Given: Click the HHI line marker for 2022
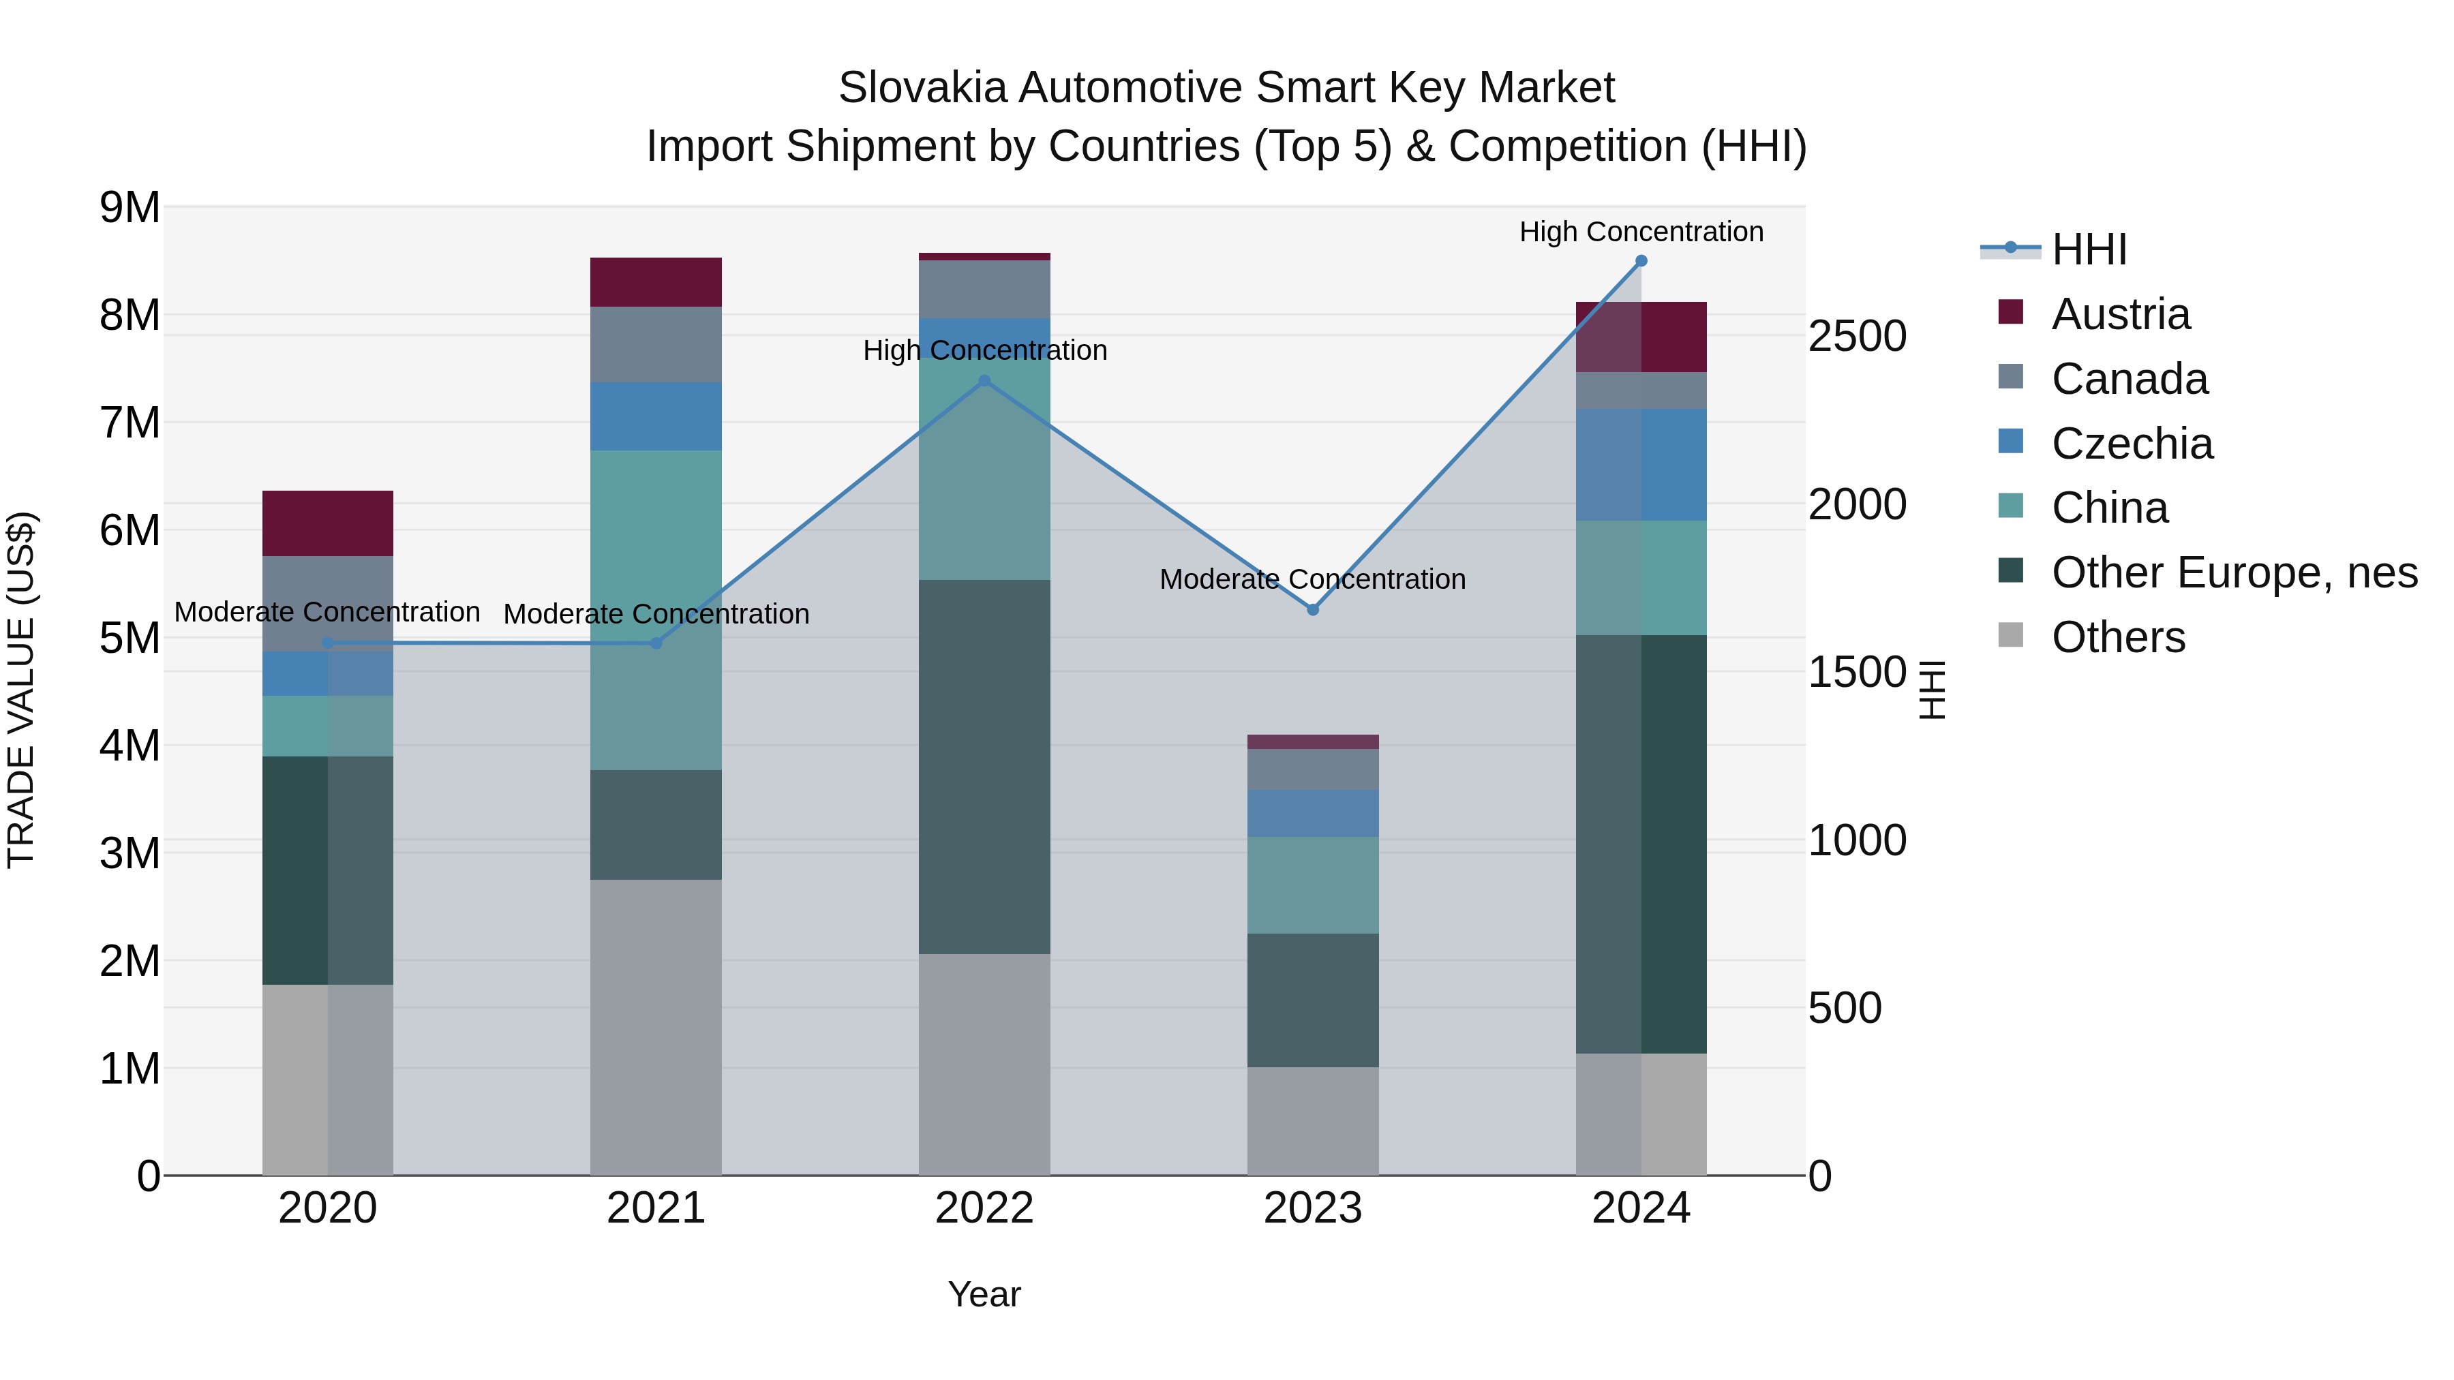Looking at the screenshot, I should pos(985,381).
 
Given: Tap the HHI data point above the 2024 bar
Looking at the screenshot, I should pos(1641,261).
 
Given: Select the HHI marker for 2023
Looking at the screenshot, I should pos(1313,609).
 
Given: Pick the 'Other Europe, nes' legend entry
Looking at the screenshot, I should pos(2233,572).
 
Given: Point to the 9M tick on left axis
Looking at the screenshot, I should pos(130,208).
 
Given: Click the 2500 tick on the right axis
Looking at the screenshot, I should pos(1857,336).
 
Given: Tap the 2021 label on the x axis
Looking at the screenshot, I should pos(655,1208).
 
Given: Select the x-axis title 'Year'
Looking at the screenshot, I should pos(984,1294).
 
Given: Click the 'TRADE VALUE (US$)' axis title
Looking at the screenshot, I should pos(22,690).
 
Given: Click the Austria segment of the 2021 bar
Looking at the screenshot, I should pos(655,282).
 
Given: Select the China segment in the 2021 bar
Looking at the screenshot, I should pos(655,609).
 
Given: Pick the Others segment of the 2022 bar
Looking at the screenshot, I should pos(984,1064).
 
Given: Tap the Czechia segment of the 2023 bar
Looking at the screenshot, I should pos(1313,813).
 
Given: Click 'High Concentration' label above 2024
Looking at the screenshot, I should pos(1641,232).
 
